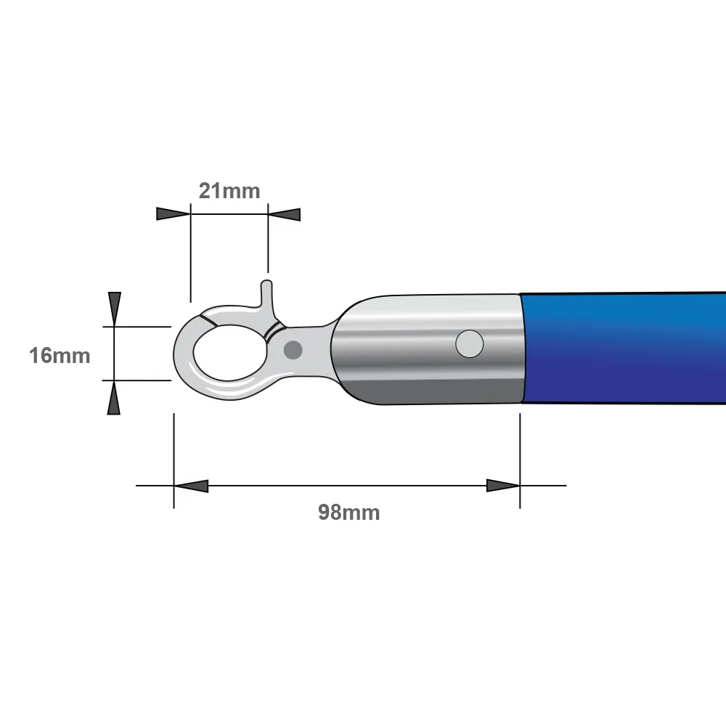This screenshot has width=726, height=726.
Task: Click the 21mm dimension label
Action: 229,191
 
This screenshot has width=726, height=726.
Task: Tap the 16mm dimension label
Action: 60,356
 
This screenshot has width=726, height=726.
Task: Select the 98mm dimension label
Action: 348,512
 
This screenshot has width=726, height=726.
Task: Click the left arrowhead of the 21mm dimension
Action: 174,214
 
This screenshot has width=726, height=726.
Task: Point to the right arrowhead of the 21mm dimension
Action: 285,214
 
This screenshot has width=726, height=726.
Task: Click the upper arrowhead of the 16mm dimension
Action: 115,309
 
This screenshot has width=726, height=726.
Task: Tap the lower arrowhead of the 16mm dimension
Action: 114,398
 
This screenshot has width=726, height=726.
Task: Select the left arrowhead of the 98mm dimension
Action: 191,486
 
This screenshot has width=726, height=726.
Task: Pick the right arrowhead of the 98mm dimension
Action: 503,486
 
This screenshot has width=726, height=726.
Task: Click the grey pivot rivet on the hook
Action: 293,350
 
